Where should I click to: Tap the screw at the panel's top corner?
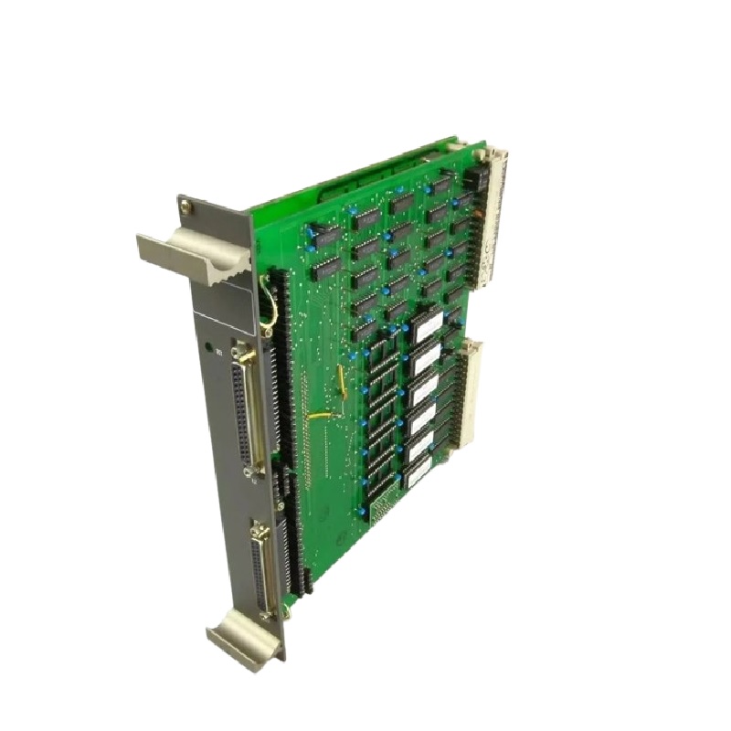(x=186, y=207)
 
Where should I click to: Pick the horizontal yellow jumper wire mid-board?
(x=320, y=417)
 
